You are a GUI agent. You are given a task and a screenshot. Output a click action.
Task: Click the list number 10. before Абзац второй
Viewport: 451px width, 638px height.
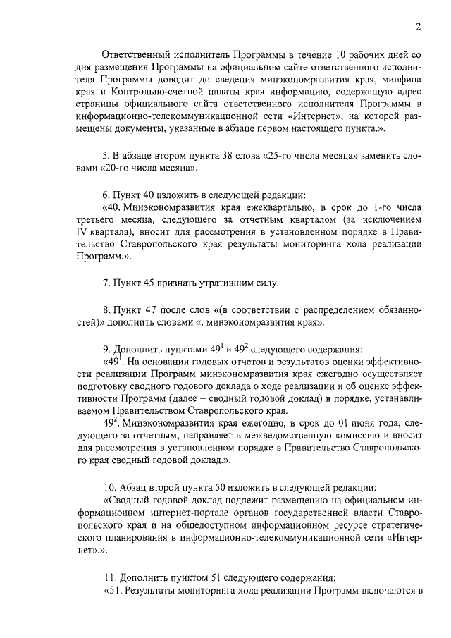pos(109,487)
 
